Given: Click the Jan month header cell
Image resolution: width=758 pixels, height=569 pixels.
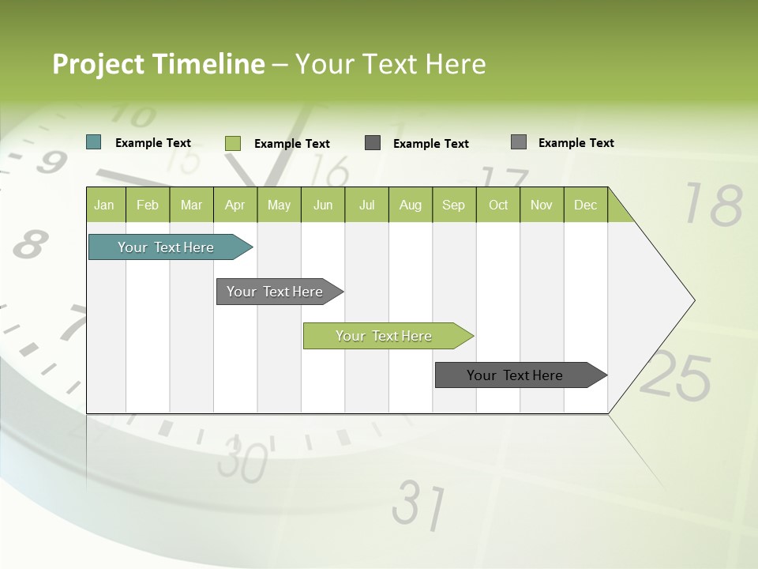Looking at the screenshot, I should pyautogui.click(x=105, y=205).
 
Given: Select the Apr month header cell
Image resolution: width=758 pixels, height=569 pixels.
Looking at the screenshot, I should pyautogui.click(x=235, y=205).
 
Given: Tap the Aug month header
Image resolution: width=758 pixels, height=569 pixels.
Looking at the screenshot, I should pyautogui.click(x=411, y=205).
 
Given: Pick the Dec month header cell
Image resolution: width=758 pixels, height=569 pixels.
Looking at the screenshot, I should pyautogui.click(x=585, y=205).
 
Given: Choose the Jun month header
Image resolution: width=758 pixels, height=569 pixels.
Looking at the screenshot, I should pyautogui.click(x=323, y=205).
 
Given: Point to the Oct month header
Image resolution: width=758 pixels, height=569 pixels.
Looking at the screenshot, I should pyautogui.click(x=498, y=205).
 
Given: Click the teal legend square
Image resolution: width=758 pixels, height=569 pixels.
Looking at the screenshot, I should pyautogui.click(x=94, y=142).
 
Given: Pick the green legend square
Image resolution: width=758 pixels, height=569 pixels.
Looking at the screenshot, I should pyautogui.click(x=233, y=143).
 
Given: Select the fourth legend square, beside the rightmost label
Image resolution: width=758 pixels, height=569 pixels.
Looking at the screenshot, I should pyautogui.click(x=519, y=142).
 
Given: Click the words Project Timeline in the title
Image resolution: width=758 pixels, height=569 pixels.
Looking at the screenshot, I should pyautogui.click(x=158, y=64).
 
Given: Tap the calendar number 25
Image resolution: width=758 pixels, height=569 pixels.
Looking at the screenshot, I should pyautogui.click(x=676, y=375).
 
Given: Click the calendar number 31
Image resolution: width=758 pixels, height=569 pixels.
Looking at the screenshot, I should pyautogui.click(x=419, y=503).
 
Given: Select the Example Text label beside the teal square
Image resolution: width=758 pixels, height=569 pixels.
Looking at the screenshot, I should pyautogui.click(x=153, y=143).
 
